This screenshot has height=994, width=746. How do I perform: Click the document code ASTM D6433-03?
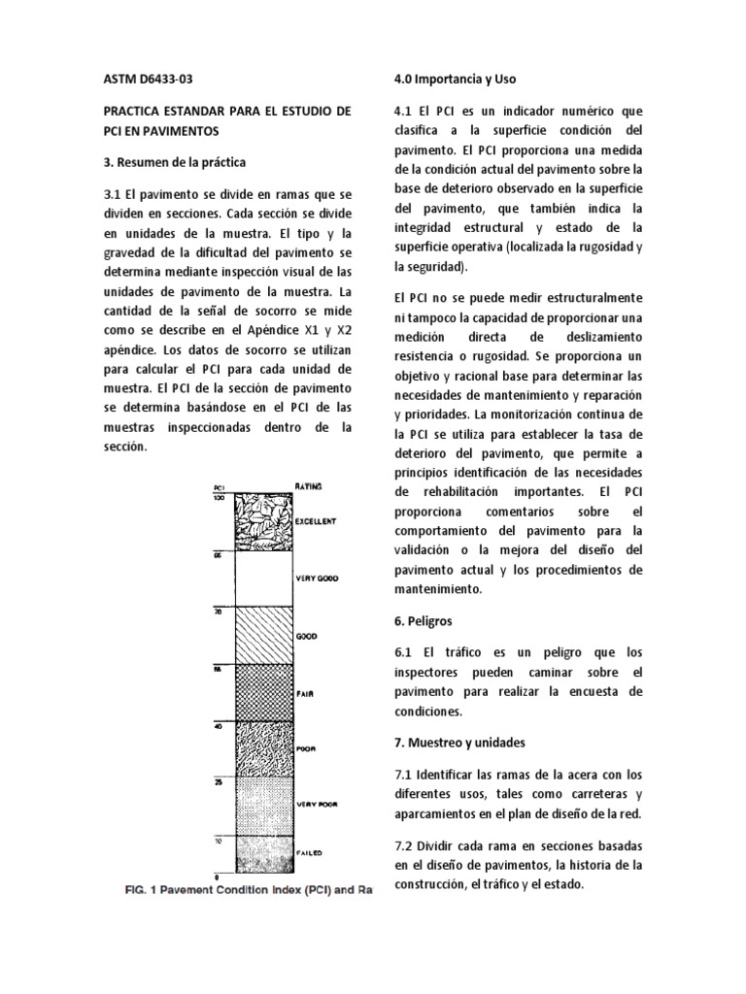click(x=154, y=79)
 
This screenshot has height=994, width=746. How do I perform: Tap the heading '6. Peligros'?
click(x=424, y=619)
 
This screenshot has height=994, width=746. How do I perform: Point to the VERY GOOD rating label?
click(x=315, y=580)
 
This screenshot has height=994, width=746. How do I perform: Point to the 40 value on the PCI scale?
click(x=219, y=724)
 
